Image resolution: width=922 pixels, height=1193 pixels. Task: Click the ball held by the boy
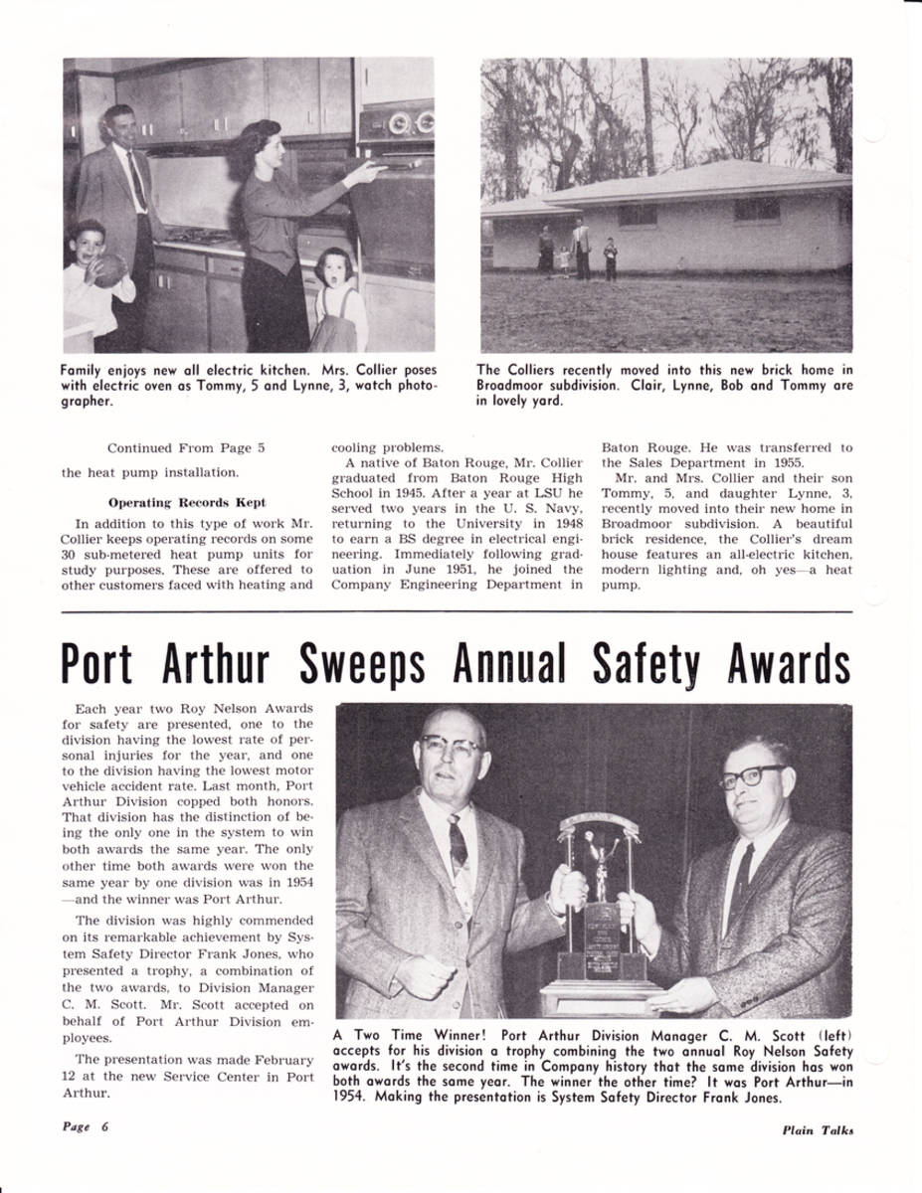click(x=109, y=269)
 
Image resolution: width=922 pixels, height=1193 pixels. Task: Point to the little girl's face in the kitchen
click(x=332, y=268)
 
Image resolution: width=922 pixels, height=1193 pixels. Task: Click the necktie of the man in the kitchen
click(x=136, y=182)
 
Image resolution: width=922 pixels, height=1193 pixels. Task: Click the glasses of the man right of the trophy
click(x=752, y=776)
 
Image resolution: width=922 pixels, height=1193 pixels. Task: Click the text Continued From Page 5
click(x=186, y=448)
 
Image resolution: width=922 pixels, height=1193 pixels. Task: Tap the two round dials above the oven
click(x=411, y=123)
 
